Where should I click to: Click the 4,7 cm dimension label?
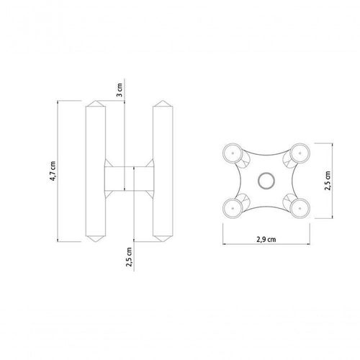pos(53,171)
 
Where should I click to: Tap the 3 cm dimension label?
pos(119,90)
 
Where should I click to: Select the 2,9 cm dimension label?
pos(266,239)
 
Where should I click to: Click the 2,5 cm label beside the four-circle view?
pos(328,181)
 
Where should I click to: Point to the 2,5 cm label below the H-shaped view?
pos(129,257)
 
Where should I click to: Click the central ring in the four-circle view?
pos(266,181)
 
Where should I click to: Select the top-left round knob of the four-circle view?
pos(233,153)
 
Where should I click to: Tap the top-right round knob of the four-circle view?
pos(300,153)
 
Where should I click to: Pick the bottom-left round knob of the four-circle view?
pos(233,208)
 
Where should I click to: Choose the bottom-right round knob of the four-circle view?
pos(300,208)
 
